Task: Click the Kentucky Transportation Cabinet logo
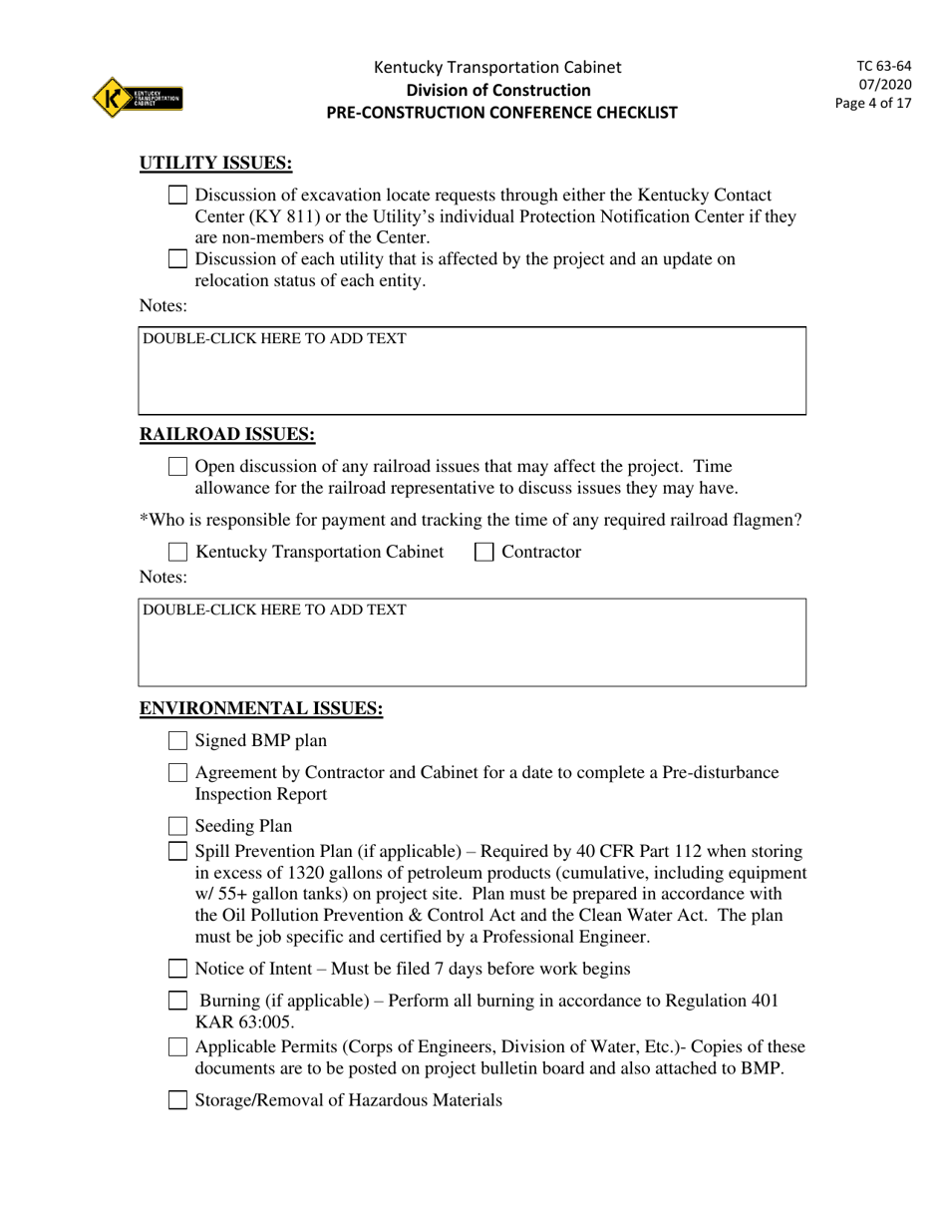pos(137,98)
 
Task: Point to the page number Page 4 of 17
pos(874,102)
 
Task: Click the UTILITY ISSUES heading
pos(215,164)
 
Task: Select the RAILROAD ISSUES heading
pos(226,434)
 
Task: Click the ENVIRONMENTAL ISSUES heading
pos(260,708)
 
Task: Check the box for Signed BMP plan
pos(177,740)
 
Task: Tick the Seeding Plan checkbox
pos(177,826)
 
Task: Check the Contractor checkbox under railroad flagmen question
pos(484,553)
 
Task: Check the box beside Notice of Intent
pos(177,969)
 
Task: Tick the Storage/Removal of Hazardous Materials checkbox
pos(177,1100)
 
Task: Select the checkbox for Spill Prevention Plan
pos(177,852)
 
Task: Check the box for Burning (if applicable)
pos(177,1001)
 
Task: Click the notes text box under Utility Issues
pos(472,371)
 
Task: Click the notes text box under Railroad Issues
pos(472,642)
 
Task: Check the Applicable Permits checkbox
pos(177,1046)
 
